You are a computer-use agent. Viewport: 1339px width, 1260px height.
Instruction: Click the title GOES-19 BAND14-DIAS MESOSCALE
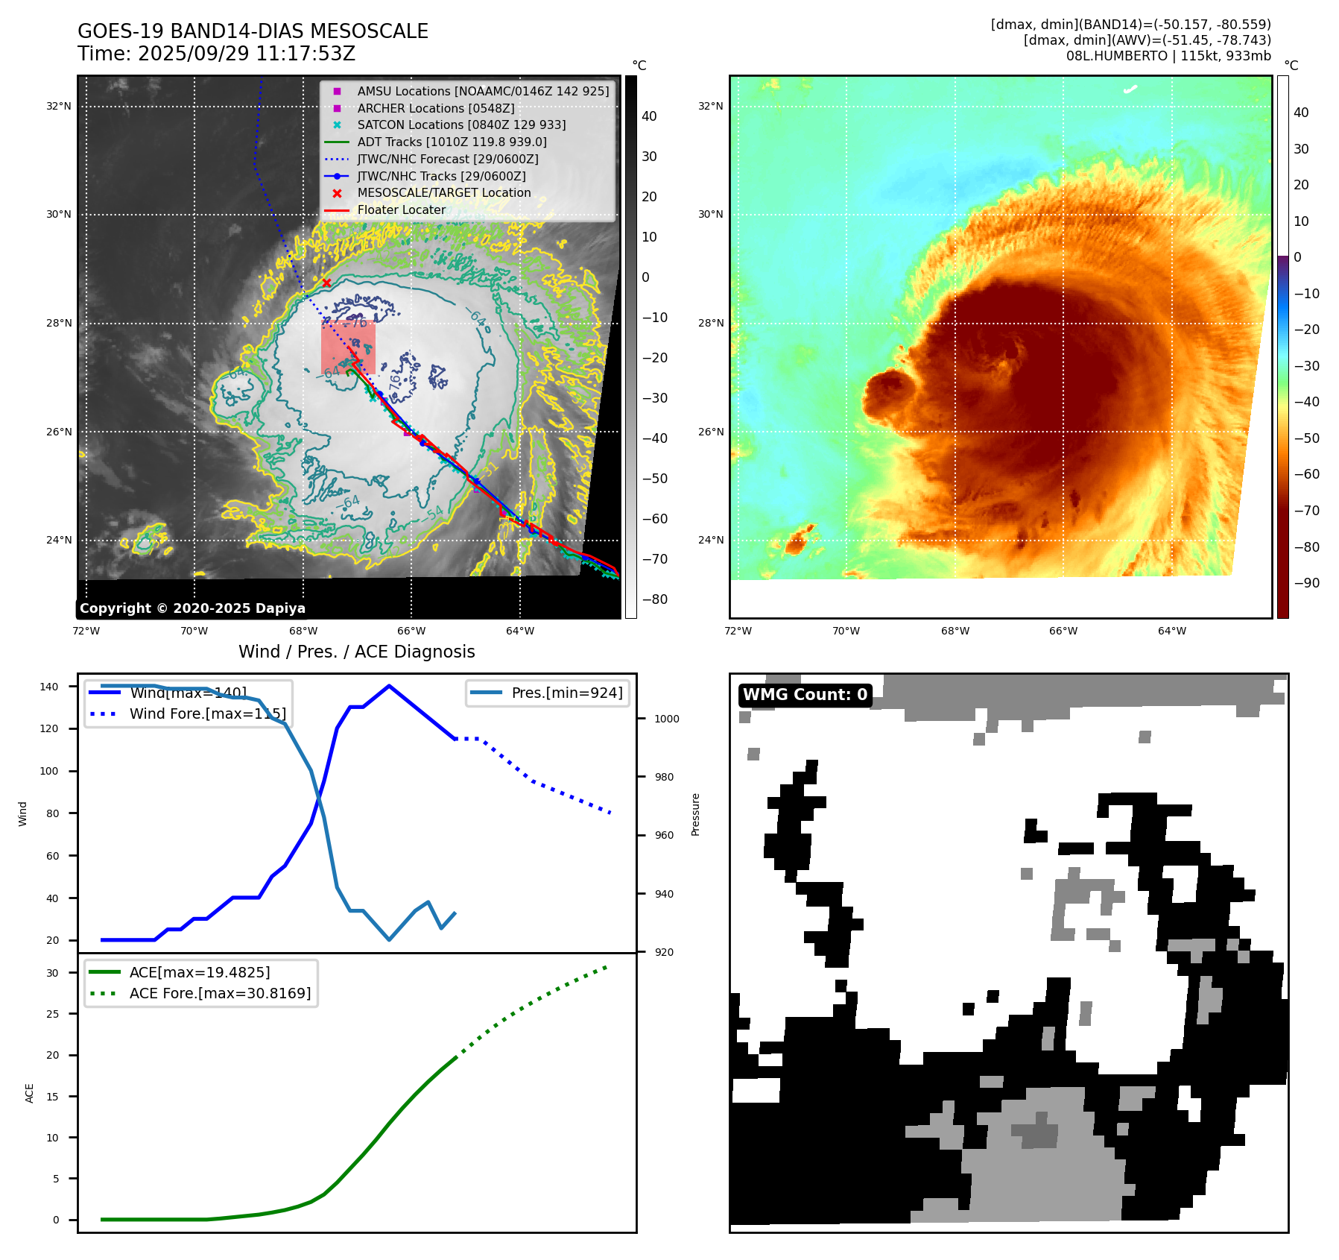(x=253, y=31)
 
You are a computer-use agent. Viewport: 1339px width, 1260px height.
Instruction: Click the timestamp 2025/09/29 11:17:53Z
(x=247, y=54)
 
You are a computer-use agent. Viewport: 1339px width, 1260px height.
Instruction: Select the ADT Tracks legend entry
(x=452, y=142)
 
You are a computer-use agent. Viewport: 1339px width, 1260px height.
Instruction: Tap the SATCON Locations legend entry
(x=461, y=125)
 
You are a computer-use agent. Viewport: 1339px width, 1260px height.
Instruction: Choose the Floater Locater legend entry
(x=401, y=210)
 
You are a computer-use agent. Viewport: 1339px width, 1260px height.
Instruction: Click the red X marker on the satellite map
(x=326, y=283)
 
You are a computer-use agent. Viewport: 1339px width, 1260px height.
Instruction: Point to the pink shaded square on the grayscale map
(x=348, y=347)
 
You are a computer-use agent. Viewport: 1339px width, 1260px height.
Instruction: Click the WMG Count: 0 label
(x=805, y=695)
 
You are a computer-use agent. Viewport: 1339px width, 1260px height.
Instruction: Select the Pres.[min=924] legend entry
(x=566, y=693)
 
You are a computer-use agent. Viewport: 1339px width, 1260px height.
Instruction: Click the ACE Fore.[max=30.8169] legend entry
(x=220, y=993)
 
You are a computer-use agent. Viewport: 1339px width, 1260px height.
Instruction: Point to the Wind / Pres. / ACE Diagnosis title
(x=356, y=652)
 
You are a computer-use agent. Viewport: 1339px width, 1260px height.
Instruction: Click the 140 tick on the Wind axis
(x=49, y=687)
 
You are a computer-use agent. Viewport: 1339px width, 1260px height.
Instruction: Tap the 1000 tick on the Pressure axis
(x=667, y=719)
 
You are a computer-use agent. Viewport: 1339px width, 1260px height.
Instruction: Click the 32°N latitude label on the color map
(x=710, y=106)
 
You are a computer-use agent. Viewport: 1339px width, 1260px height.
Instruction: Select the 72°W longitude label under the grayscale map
(x=86, y=631)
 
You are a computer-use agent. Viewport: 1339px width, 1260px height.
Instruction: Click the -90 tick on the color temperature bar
(x=1306, y=583)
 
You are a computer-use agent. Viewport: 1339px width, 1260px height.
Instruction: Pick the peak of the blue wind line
(x=389, y=686)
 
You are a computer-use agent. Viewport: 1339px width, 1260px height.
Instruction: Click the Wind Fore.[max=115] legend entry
(x=207, y=714)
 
